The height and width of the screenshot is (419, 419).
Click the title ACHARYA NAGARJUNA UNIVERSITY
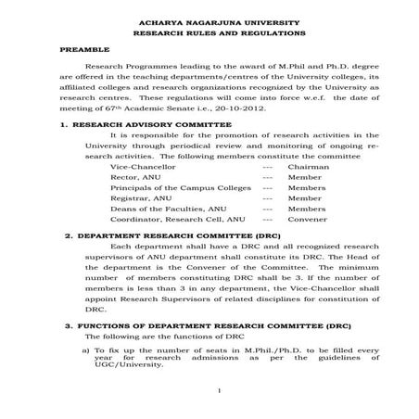point(210,19)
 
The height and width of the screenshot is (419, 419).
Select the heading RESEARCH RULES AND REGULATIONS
point(210,32)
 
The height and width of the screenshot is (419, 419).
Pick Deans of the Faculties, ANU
point(167,209)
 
